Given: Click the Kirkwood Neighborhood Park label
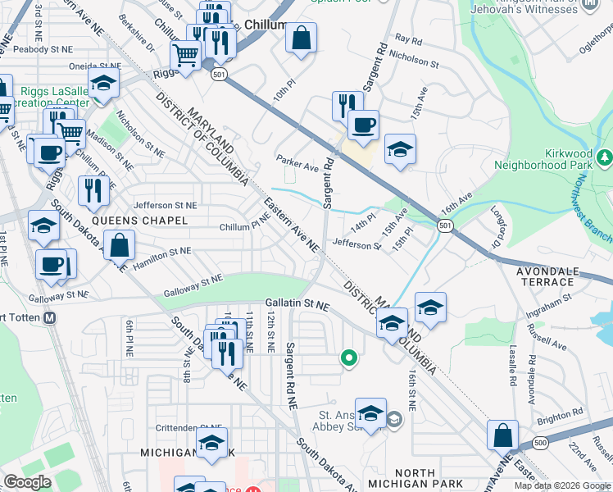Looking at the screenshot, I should coord(546,159).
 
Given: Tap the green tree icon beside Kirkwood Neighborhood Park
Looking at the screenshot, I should coord(606,155).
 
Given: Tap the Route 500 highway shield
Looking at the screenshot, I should coord(539,444).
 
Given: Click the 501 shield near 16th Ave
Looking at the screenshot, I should coord(444,225).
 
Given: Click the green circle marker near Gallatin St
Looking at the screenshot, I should coord(349,358).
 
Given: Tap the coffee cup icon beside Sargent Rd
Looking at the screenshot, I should coord(362,125).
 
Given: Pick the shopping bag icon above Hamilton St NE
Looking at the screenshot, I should coord(120,244).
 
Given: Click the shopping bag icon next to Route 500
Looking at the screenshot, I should coord(502,435).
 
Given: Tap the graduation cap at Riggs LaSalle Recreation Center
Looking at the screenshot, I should coord(104,82).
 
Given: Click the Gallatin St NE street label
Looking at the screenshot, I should coord(297,305).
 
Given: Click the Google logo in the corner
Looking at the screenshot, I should coord(28,482).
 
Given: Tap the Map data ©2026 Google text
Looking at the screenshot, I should coord(562,485).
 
